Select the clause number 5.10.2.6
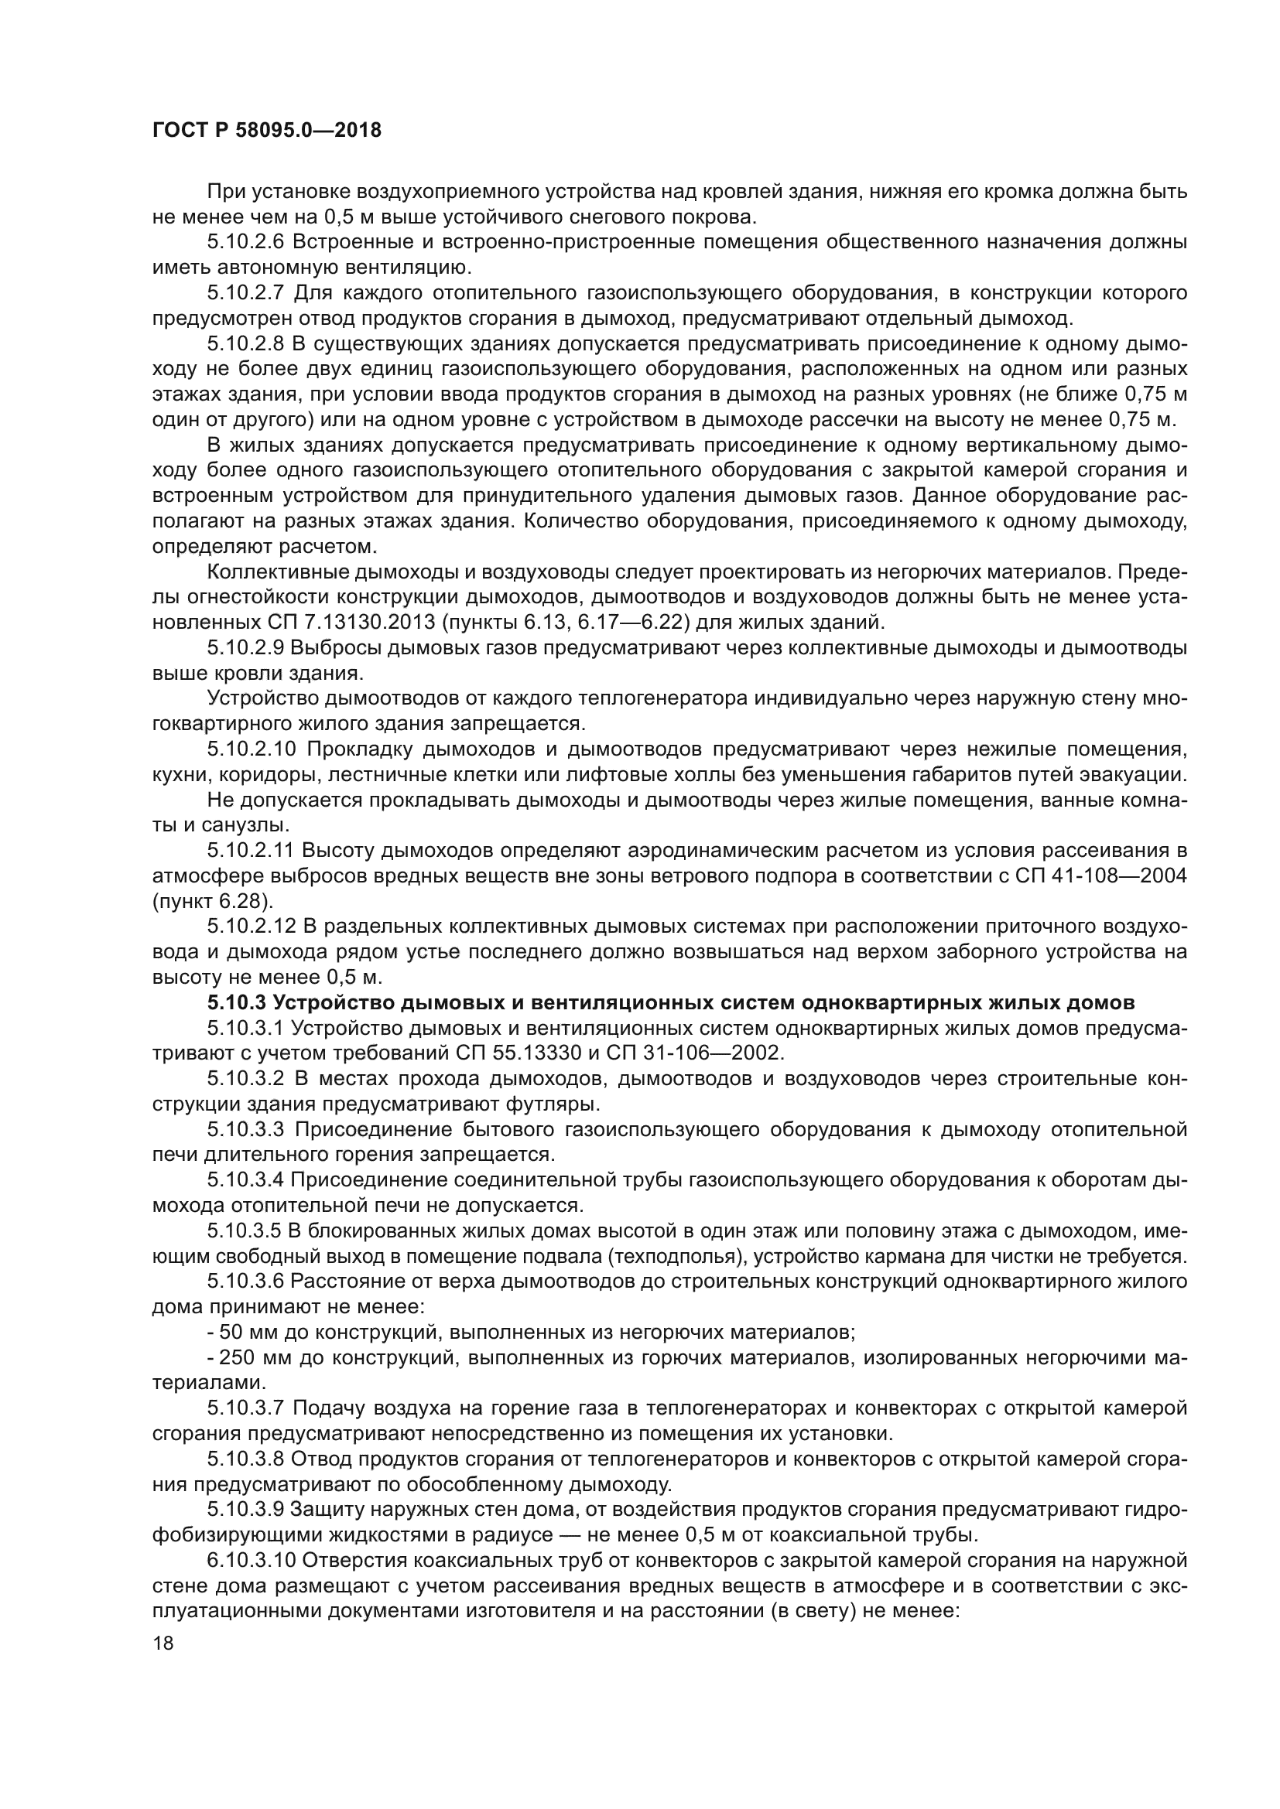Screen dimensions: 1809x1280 [x=247, y=243]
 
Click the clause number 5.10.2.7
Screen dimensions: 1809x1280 [x=247, y=294]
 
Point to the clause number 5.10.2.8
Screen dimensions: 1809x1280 [x=247, y=344]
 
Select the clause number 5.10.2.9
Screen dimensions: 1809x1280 [x=247, y=647]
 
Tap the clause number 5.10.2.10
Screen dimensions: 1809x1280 [x=252, y=749]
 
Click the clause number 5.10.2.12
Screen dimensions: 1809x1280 [x=252, y=927]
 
